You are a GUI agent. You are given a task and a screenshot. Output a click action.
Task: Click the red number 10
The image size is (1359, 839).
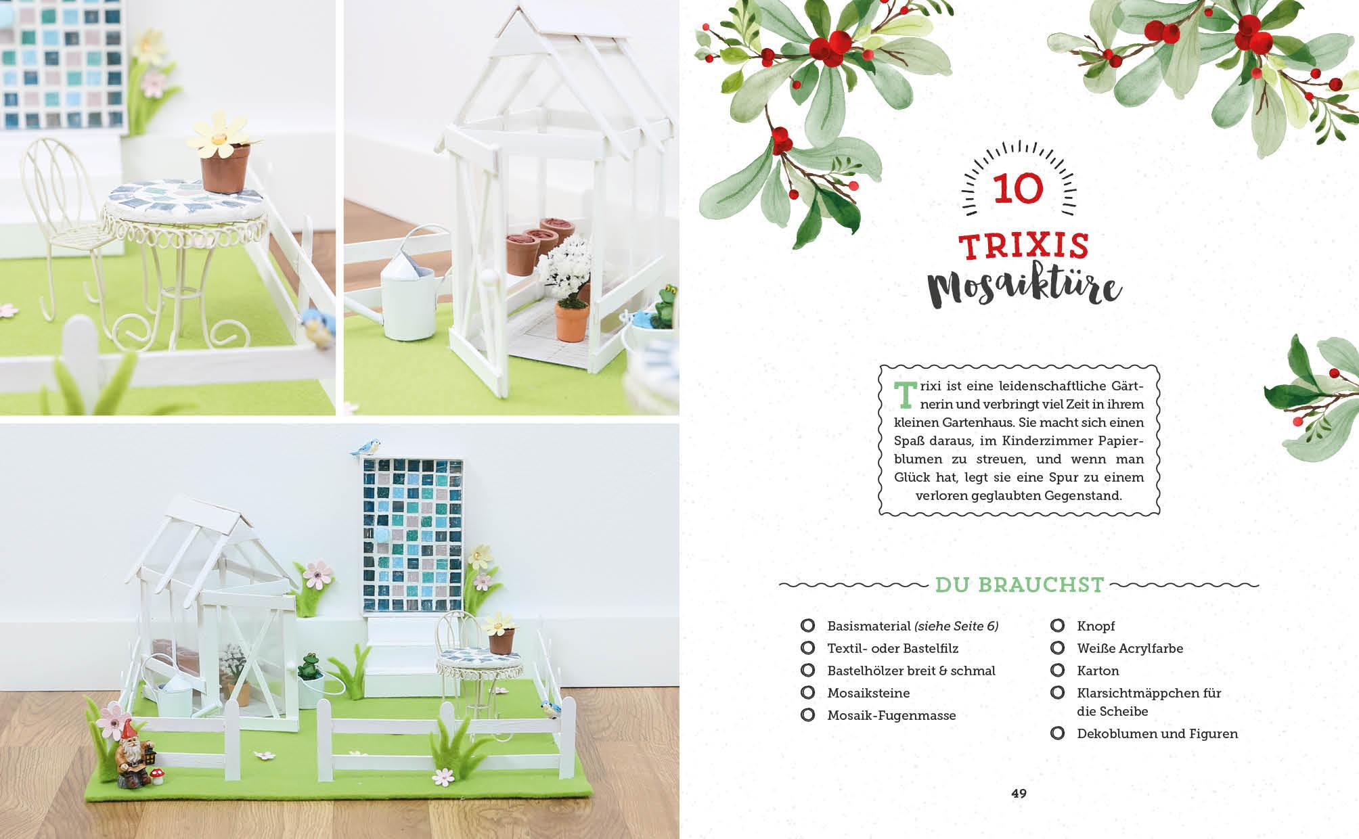pos(1019,189)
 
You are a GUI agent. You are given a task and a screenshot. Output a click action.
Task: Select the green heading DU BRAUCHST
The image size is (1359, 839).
pos(1019,585)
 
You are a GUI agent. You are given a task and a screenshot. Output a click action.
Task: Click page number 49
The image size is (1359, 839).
pos(1019,794)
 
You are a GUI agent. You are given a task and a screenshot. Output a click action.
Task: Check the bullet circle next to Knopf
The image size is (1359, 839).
pos(1057,626)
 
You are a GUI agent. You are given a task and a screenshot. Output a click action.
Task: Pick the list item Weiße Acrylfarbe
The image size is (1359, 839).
pos(1130,648)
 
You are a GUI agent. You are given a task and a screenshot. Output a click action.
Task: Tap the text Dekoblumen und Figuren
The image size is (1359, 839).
pos(1157,733)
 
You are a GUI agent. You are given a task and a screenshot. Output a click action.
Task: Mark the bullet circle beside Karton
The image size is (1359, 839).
pos(1057,671)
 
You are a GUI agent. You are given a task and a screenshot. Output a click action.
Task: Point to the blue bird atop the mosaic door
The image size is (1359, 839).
pos(366,447)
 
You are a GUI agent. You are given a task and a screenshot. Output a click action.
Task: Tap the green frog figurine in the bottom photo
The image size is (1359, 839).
pos(310,665)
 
